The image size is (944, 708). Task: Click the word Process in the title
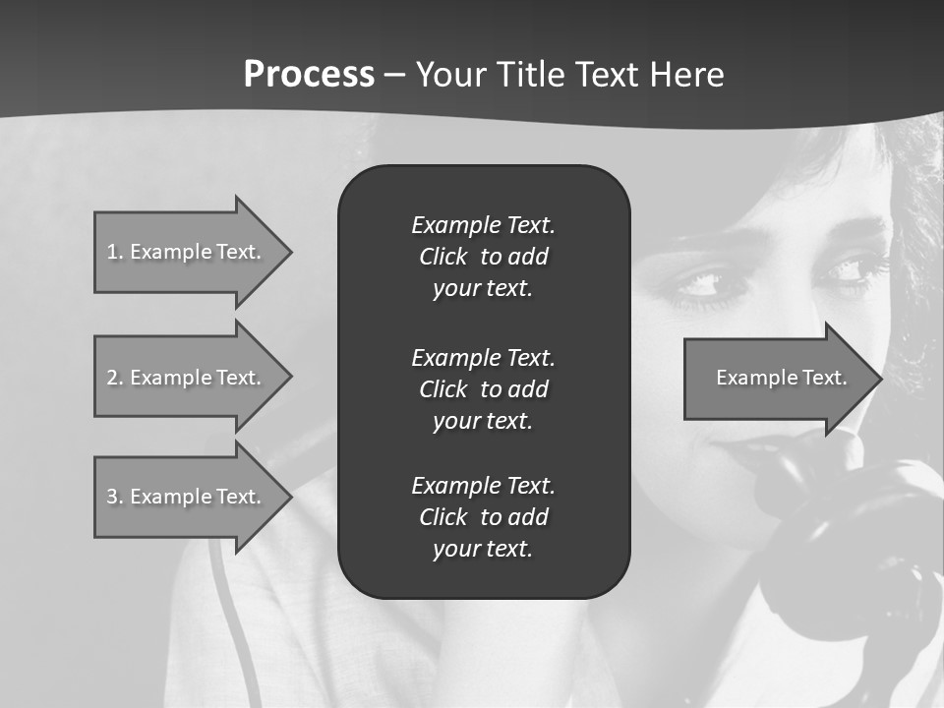309,75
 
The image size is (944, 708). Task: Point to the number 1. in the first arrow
115,252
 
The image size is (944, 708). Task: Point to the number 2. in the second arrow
115,378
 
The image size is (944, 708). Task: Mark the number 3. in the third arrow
115,497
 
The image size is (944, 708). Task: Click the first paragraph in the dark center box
483,257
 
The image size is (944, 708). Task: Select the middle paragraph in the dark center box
483,388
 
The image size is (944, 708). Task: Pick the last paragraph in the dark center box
483,517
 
